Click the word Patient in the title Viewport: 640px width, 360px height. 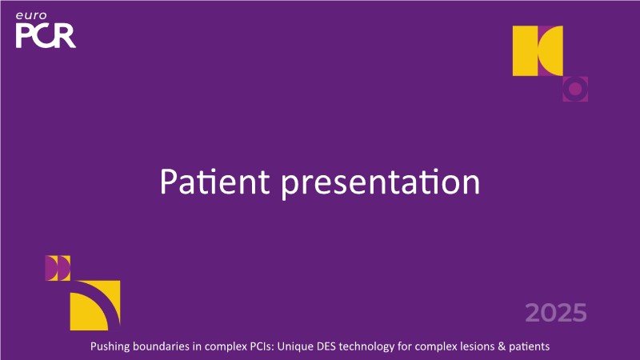tap(214, 181)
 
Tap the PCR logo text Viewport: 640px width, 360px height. tap(46, 35)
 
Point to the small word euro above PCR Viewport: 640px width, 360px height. tap(31, 16)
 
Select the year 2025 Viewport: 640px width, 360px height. tap(556, 313)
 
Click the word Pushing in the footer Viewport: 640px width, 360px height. tap(110, 346)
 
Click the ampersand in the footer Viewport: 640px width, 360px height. tap(502, 346)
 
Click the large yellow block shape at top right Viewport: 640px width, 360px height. tap(538, 50)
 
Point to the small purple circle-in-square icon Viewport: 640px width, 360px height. tap(575, 89)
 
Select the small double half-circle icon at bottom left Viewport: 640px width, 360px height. tap(58, 268)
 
